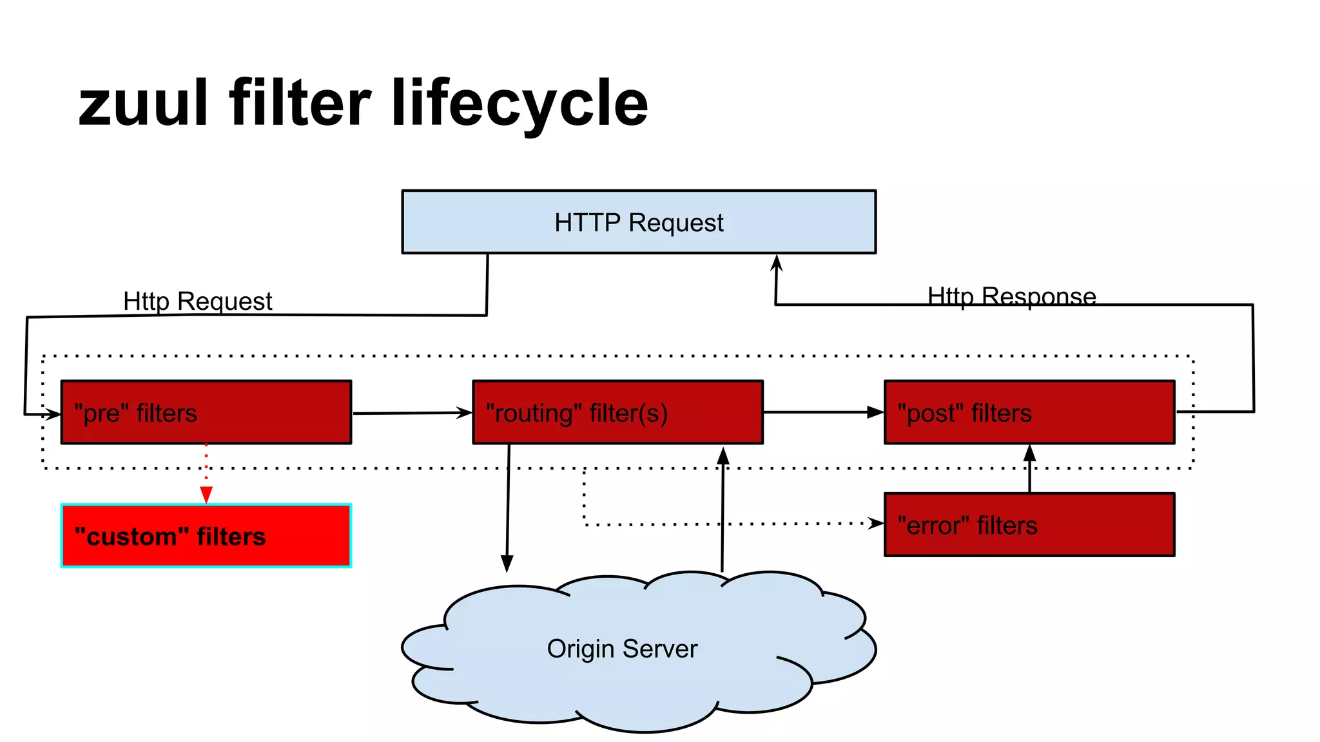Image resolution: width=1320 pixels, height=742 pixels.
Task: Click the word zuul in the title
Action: tap(143, 103)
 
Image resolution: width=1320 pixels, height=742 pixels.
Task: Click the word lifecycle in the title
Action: tap(519, 103)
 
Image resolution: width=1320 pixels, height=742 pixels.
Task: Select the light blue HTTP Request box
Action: tap(638, 222)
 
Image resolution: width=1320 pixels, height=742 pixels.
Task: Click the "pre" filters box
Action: tap(206, 412)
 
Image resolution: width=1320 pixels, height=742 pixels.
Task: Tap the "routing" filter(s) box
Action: tap(617, 412)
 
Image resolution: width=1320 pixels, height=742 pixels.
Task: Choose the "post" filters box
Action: tap(1029, 412)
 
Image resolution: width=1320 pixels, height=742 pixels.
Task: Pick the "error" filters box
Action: tap(1029, 525)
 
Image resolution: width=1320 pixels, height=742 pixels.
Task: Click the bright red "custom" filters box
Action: tap(206, 536)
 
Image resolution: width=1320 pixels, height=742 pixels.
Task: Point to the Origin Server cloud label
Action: tap(622, 649)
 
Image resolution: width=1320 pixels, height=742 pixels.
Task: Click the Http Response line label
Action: tap(1011, 296)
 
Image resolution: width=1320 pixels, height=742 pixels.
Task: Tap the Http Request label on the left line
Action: tap(197, 301)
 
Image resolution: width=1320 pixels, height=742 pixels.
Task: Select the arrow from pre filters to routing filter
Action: tap(412, 413)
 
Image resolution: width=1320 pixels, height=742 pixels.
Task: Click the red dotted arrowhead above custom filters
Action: tap(206, 495)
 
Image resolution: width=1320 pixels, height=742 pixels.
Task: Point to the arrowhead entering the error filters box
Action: tap(876, 523)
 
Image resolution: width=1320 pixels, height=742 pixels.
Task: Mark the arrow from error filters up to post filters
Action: tap(1029, 469)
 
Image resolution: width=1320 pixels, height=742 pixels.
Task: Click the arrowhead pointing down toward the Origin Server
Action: tap(507, 564)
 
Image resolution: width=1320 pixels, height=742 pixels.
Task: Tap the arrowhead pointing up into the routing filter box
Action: tap(723, 455)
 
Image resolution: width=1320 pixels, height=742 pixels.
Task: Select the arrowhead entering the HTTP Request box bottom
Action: tap(777, 262)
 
